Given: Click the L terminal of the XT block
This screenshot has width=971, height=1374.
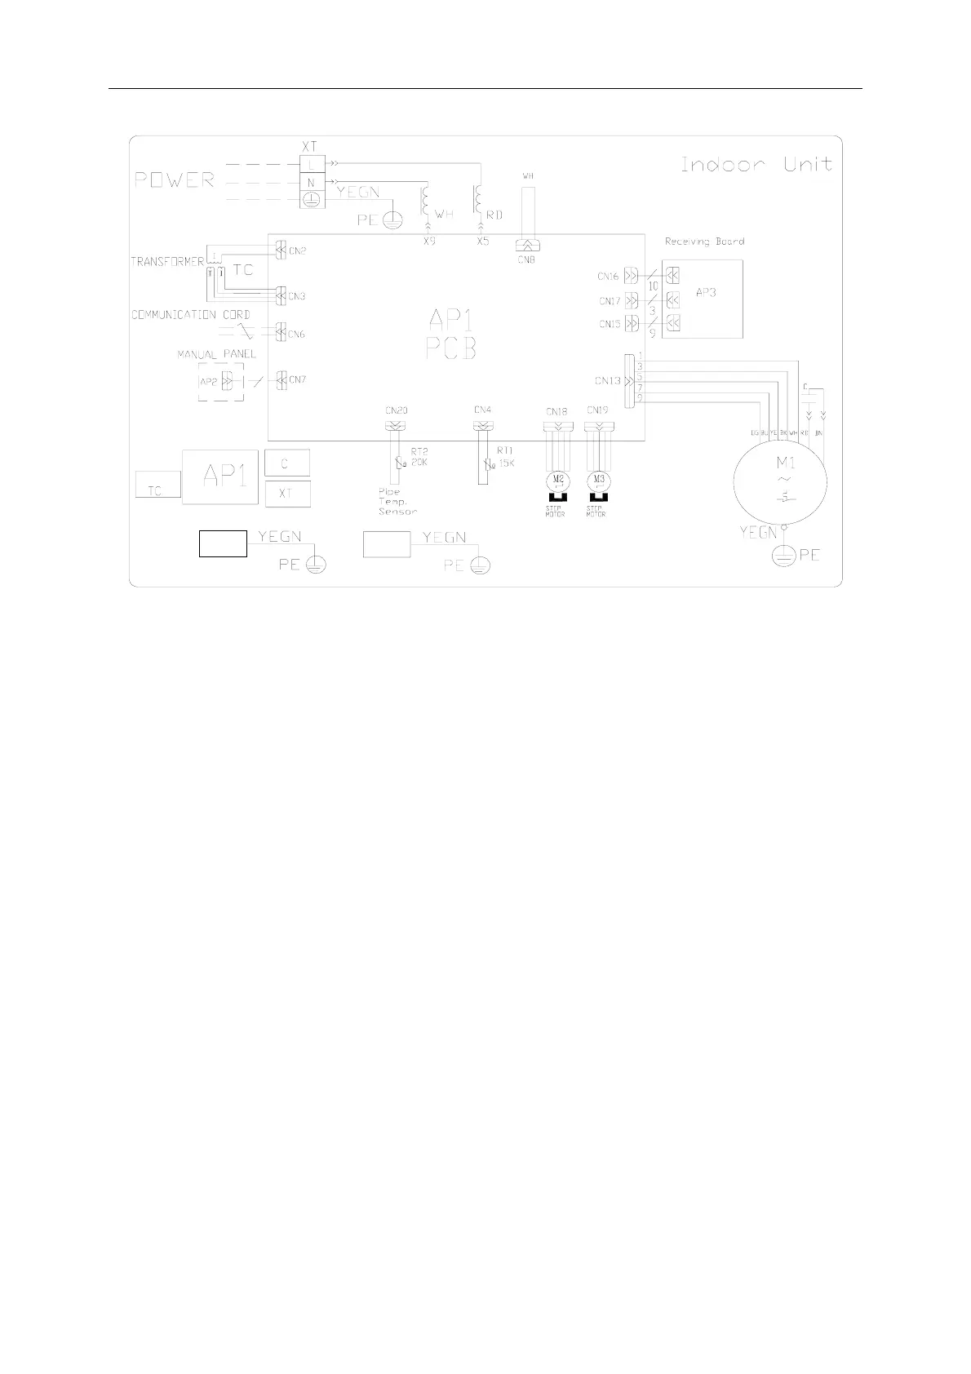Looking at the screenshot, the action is [311, 164].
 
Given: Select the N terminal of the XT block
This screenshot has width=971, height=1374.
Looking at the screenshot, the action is [311, 182].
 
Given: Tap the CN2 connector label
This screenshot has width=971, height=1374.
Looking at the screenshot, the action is [298, 250].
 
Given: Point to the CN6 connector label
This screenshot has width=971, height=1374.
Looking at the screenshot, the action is [297, 334].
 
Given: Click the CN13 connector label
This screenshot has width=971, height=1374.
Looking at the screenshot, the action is [607, 381].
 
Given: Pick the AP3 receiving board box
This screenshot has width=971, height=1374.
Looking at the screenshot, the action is [702, 299].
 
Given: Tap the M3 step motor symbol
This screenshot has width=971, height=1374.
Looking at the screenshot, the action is [599, 478].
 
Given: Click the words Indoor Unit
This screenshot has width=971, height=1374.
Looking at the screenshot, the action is [756, 165].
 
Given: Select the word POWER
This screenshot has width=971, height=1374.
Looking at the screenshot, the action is [175, 180].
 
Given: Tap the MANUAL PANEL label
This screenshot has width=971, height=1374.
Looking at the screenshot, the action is [217, 354].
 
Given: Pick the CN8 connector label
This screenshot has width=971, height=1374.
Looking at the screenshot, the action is [526, 259].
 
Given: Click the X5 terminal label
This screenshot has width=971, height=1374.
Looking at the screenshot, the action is [483, 242].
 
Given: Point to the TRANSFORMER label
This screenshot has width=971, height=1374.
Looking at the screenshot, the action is [167, 262].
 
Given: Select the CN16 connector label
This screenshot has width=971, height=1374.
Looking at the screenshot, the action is [609, 277].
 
